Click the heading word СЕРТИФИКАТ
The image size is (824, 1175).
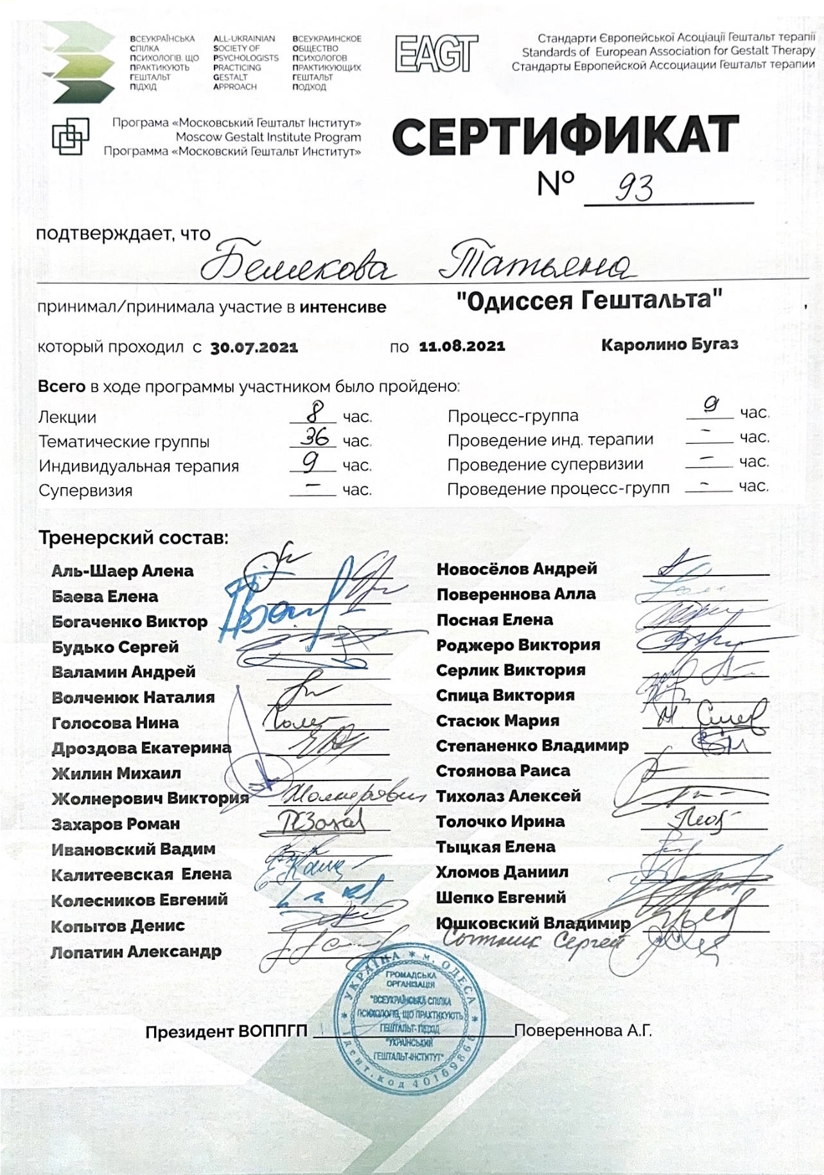coord(565,136)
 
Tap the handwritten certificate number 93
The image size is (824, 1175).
coord(634,188)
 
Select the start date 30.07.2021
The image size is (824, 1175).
coord(254,348)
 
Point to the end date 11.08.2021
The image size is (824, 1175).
coord(462,346)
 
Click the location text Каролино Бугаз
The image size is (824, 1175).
coord(669,344)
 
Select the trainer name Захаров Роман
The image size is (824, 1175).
coord(116,824)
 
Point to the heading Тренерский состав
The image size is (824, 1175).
coord(133,537)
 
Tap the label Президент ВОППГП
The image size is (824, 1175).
coord(226,1032)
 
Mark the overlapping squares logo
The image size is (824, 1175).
coord(70,136)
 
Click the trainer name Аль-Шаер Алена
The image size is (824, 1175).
coord(122,571)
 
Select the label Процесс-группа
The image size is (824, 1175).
coord(513,416)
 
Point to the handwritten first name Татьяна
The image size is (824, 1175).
coord(536,264)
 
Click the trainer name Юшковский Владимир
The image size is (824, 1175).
coord(533,923)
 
